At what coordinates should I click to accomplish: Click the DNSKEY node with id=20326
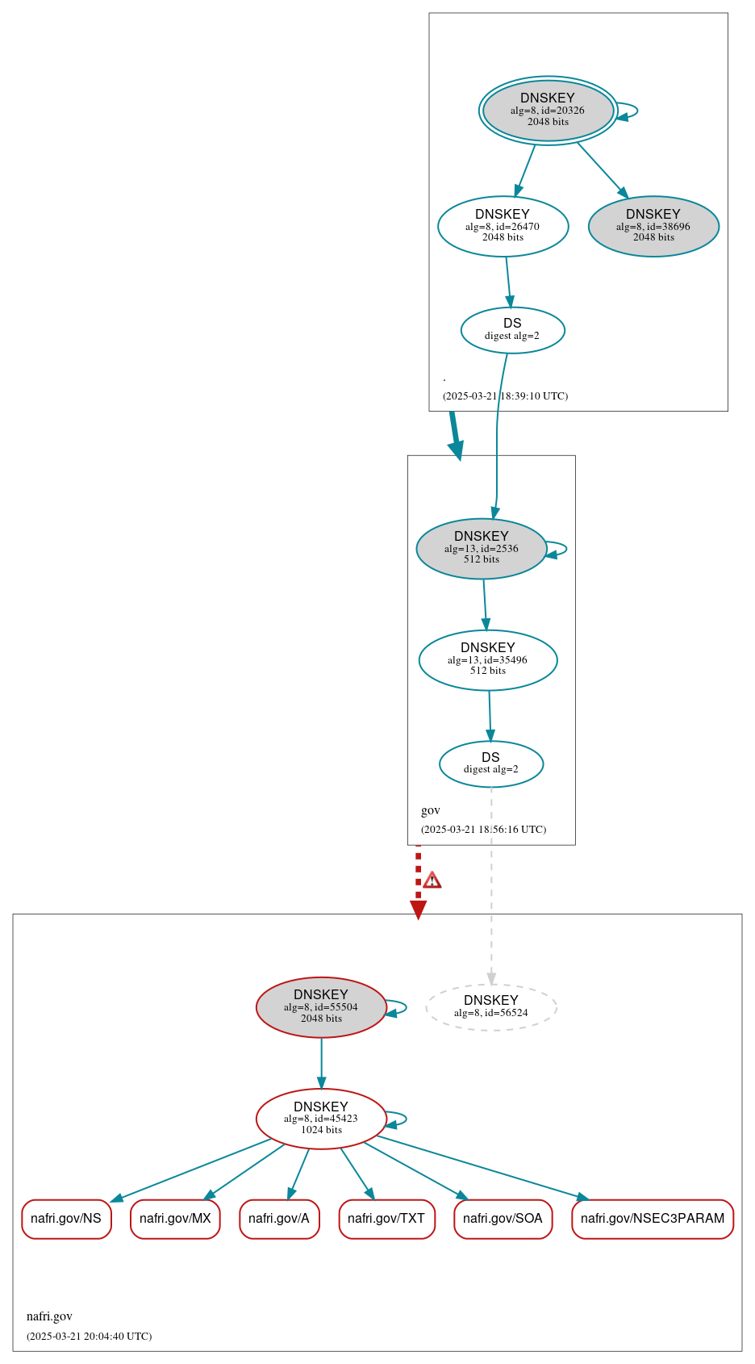[548, 111]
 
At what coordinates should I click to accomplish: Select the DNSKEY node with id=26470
[503, 226]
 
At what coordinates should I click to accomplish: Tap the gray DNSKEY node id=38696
[653, 226]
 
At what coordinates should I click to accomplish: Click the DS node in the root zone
[512, 329]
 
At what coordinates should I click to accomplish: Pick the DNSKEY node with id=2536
[482, 548]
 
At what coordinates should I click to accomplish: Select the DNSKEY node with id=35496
[488, 659]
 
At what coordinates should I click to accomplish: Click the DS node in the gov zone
[491, 763]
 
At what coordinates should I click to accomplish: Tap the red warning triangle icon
[432, 880]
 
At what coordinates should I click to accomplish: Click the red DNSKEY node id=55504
[321, 1006]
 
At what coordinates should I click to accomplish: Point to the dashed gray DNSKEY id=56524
[491, 1006]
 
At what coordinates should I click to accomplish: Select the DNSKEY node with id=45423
[321, 1118]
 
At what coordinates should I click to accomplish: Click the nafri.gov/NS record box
[66, 1218]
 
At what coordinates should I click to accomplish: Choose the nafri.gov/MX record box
[175, 1218]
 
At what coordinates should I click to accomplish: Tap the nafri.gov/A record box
[279, 1218]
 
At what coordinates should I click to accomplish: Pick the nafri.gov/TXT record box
[386, 1218]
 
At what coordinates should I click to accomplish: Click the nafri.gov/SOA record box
[503, 1218]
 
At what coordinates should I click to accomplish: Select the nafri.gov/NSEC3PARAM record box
[653, 1218]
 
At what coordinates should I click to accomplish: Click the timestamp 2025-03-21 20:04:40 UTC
[89, 1336]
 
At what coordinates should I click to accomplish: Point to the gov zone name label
[431, 810]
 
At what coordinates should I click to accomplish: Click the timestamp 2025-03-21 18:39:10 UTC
[505, 395]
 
